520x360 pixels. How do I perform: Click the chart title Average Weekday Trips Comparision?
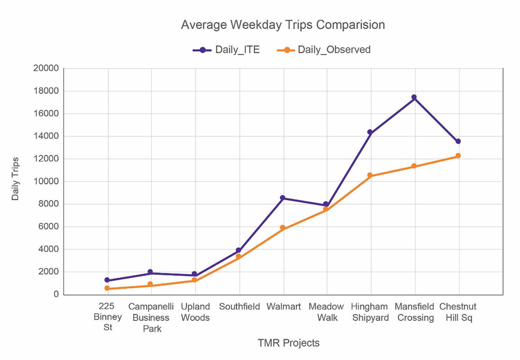pos(283,25)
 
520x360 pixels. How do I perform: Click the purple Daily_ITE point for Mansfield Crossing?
pos(414,97)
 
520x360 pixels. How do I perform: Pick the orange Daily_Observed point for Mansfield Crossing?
pos(414,166)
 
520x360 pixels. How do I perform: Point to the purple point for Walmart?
pos(282,198)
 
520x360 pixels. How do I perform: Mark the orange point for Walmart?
pos(282,228)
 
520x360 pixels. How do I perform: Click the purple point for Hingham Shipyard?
pos(370,133)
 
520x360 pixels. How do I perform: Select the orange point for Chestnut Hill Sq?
pos(458,156)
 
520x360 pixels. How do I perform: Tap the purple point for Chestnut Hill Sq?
pos(458,142)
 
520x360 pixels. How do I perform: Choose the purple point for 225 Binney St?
pos(107,280)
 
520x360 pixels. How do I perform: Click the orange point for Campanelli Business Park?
pos(150,285)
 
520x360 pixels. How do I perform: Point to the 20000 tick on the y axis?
pos(46,69)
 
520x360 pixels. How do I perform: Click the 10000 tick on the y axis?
pos(46,182)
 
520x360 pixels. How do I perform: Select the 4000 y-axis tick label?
pos(48,249)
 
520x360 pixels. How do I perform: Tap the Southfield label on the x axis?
pos(239,306)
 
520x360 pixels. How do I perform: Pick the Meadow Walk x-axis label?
pos(326,312)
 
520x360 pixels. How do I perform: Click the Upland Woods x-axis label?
pos(195,312)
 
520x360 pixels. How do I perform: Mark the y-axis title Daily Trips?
pos(16,178)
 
